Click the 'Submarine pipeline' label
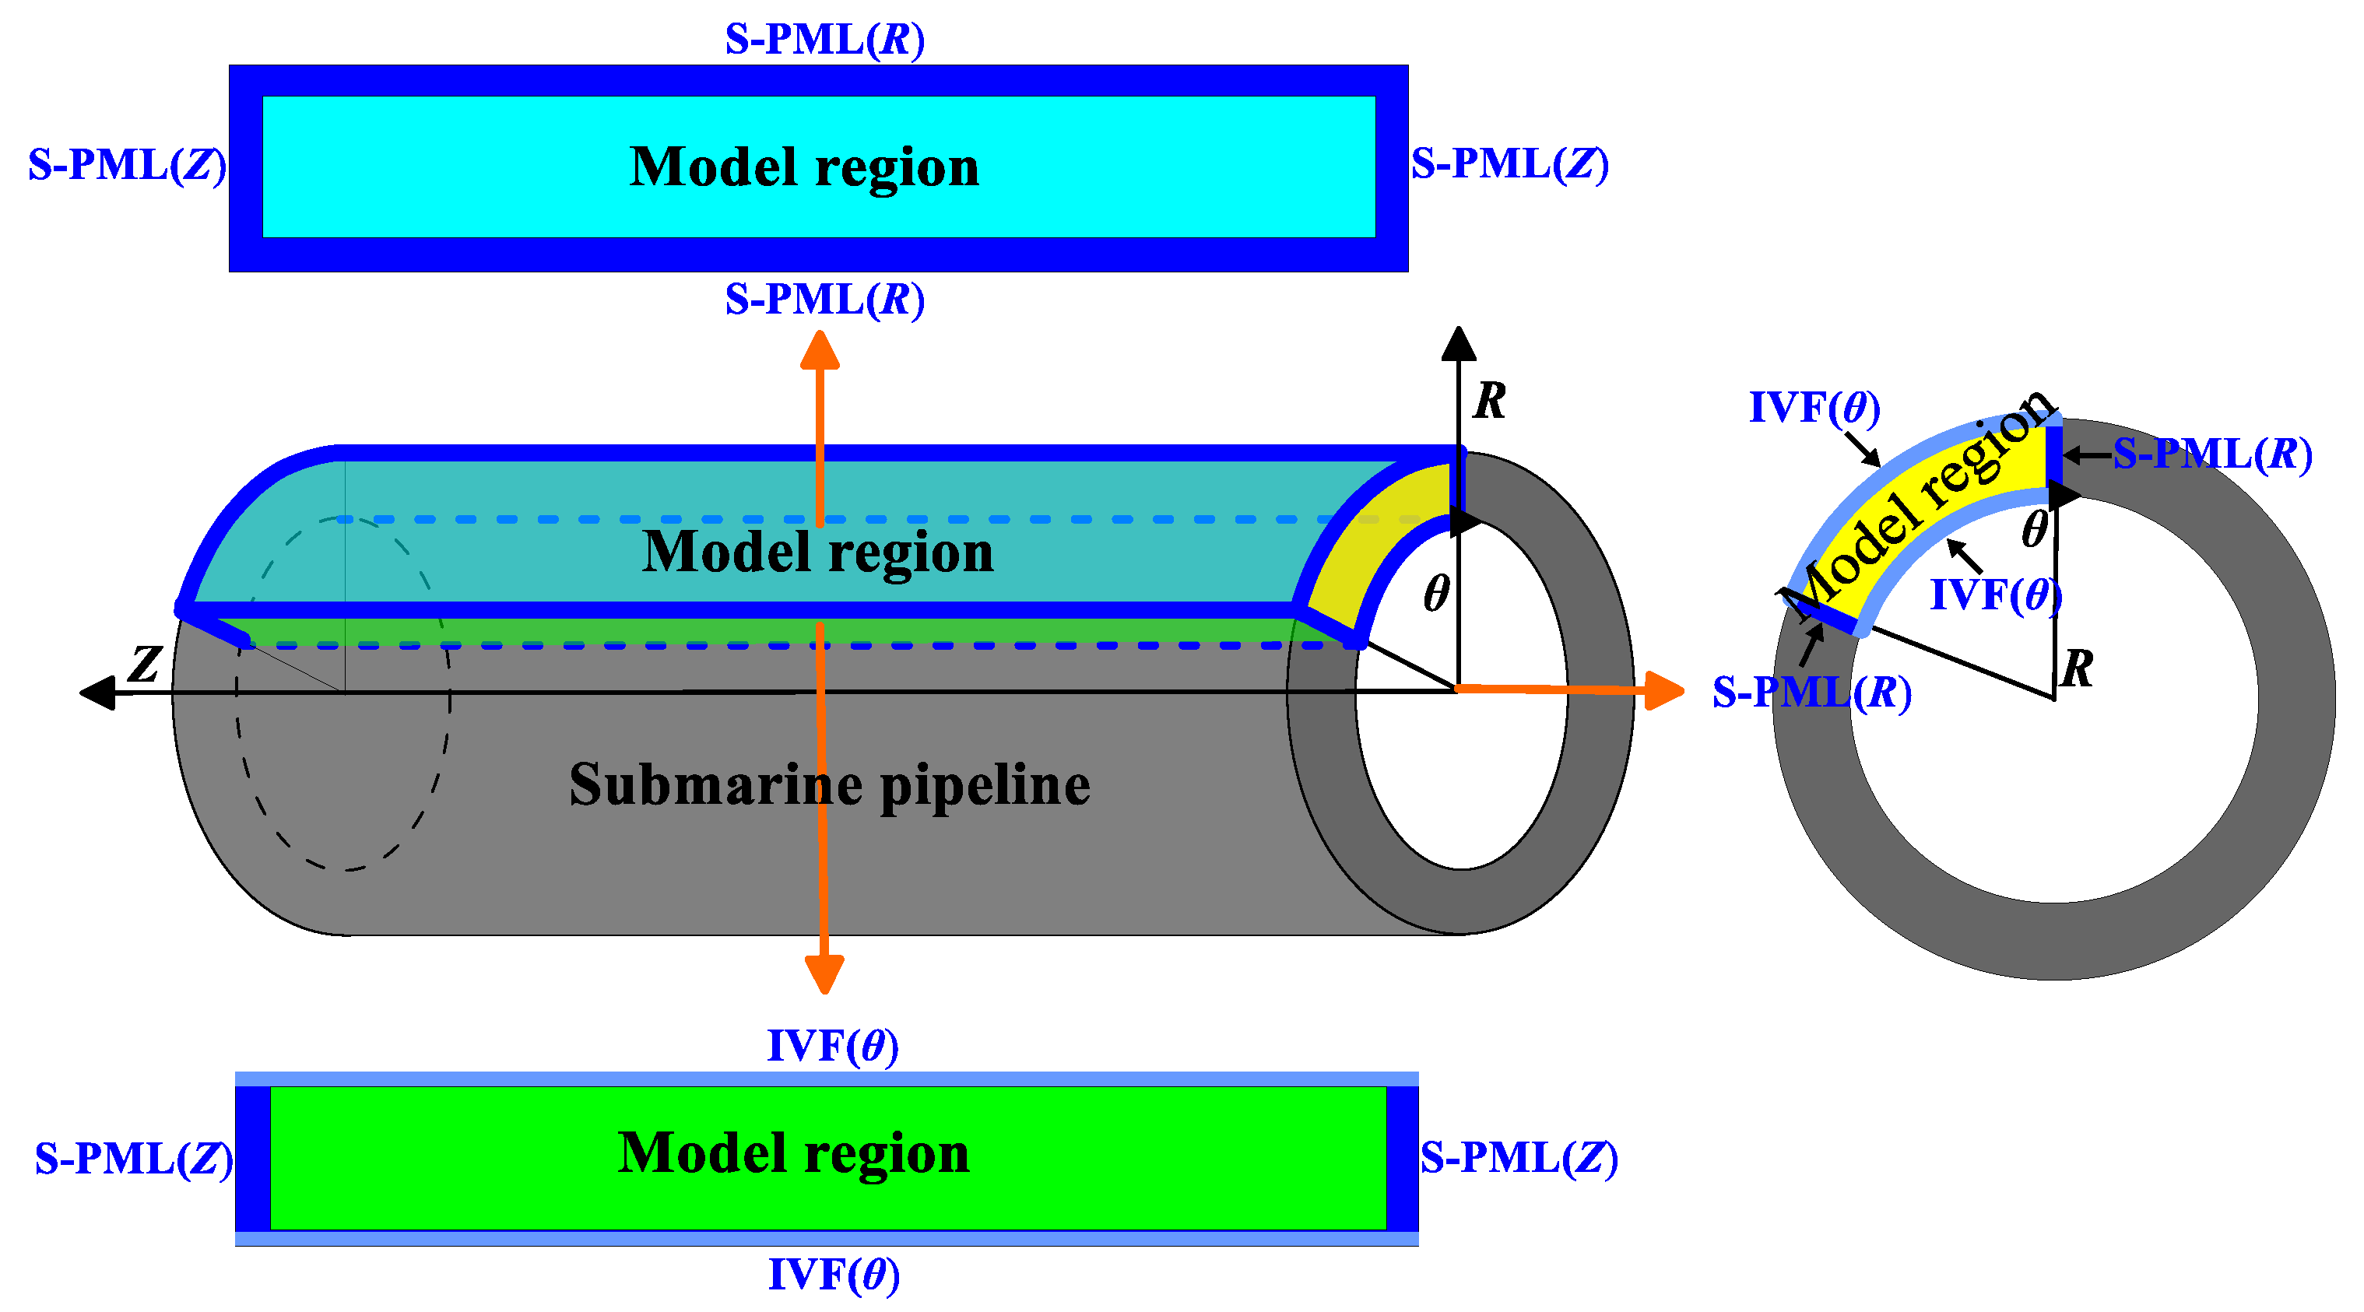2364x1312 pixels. coord(829,785)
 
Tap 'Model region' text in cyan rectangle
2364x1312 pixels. coord(804,167)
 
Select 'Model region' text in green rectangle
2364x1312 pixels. coord(793,1152)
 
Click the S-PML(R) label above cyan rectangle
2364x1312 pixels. coord(824,40)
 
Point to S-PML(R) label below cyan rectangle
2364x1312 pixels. coord(824,299)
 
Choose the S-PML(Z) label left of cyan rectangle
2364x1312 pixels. coord(127,165)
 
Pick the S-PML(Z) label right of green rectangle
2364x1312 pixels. coord(1518,1158)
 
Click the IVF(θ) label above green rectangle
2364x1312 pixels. coord(831,1046)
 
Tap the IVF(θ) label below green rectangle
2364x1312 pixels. coord(832,1275)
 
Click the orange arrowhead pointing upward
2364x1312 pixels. coord(820,350)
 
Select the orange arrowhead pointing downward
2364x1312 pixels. coord(824,974)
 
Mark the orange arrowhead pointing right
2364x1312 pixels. coord(1663,690)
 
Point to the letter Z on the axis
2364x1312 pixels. coord(145,663)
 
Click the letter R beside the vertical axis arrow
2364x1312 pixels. coord(1488,401)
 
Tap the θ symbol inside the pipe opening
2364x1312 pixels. coord(1436,594)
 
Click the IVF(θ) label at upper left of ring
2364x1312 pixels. coord(1814,407)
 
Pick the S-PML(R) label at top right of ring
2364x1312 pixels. coord(2211,454)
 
